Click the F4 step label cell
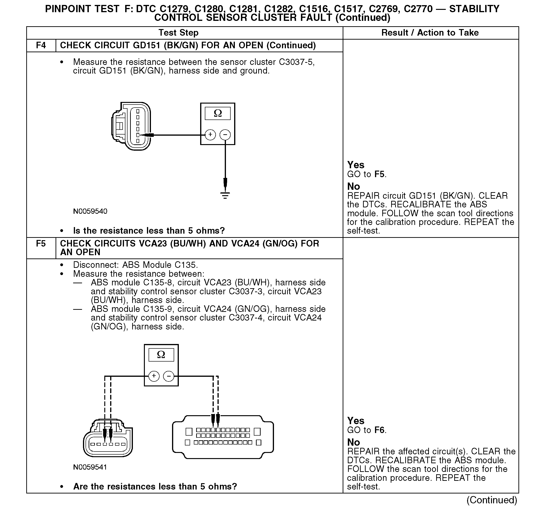[41, 45]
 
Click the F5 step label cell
[41, 244]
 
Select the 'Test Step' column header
[178, 33]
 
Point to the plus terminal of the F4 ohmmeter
[210, 135]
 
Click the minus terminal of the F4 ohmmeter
[225, 135]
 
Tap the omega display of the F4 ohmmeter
[218, 113]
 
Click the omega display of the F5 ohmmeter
[161, 355]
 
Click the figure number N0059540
[90, 211]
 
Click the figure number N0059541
[90, 467]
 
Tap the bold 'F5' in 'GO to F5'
[380, 174]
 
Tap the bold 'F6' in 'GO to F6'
[380, 430]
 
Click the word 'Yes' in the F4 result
[356, 165]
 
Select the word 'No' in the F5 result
[353, 442]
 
